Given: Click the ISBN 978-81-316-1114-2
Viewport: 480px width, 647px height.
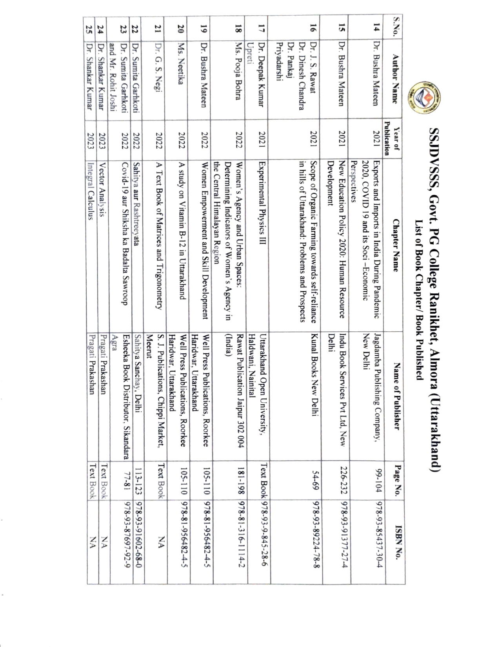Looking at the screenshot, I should click(241, 542).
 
